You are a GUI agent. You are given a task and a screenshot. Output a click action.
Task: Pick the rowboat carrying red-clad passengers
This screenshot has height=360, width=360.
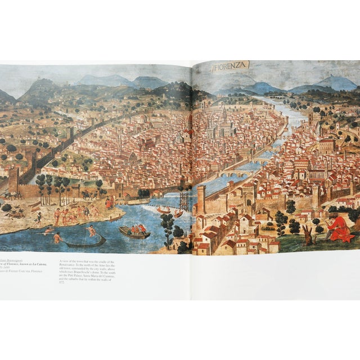134,231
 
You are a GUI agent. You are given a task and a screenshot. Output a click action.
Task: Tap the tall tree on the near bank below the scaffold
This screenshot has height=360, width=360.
167,225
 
